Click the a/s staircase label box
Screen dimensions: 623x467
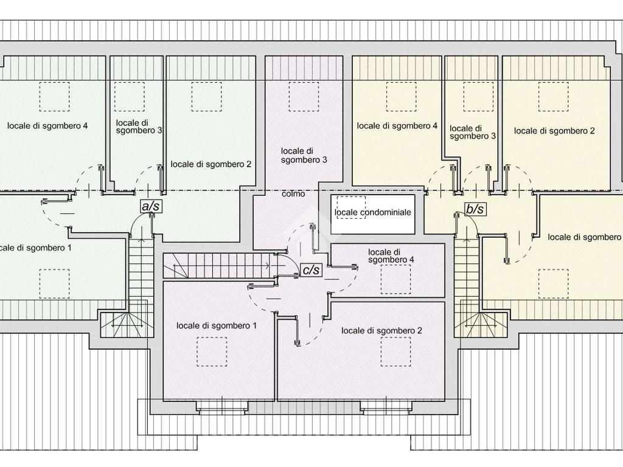click(150, 207)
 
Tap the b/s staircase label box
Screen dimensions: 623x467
click(475, 209)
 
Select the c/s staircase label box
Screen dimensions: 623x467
click(311, 269)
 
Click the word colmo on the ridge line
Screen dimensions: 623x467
click(293, 194)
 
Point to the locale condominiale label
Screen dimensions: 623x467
click(373, 212)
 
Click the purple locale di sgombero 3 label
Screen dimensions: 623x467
click(304, 155)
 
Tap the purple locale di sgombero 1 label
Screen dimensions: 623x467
click(217, 326)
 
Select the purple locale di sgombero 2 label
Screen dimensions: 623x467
click(381, 330)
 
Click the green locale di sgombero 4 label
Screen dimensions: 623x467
click(47, 126)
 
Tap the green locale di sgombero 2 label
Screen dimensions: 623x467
click(211, 164)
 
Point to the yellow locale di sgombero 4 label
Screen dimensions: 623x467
click(397, 126)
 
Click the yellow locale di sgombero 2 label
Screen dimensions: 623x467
click(554, 131)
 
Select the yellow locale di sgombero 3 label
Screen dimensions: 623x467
click(472, 133)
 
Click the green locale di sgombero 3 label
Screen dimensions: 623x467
click(139, 126)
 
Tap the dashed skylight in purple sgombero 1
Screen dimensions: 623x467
click(212, 351)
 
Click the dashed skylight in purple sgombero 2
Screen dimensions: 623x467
click(395, 351)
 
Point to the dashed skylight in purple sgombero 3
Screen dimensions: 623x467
click(304, 97)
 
